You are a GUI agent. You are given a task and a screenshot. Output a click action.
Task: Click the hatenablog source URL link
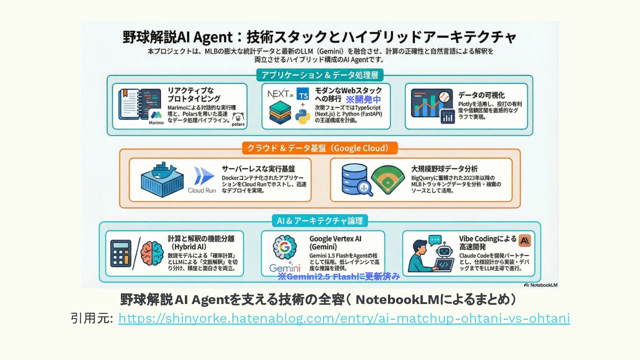pos(344,319)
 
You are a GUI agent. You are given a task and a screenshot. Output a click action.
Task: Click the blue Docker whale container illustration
pos(162,177)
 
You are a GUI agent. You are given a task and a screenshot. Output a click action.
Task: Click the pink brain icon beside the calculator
pos(152,253)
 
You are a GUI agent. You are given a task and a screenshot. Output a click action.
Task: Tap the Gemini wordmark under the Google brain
pos(284,268)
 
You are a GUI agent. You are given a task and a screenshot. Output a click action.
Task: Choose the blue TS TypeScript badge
pos(303,94)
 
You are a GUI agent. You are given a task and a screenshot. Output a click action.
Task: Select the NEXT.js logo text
pos(280,94)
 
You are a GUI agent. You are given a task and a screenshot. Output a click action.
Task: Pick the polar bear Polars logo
pos(238,120)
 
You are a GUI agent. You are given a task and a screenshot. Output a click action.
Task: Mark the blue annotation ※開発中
pos(363,100)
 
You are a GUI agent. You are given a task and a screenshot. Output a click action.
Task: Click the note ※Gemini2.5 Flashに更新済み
pos(339,277)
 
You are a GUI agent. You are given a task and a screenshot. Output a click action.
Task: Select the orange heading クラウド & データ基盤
pos(320,148)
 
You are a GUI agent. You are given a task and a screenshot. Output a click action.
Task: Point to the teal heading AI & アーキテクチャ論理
pos(320,220)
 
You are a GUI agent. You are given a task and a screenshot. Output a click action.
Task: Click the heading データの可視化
pos(481,95)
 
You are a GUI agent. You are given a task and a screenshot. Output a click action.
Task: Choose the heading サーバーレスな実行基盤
pos(258,169)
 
